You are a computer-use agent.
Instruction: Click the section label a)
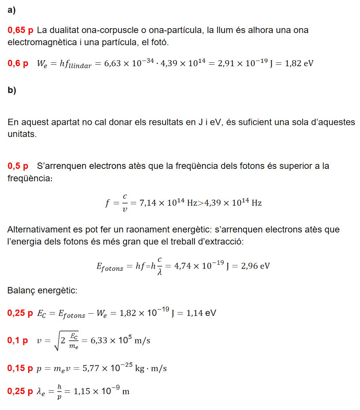[12, 11]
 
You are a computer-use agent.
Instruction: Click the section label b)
[12, 91]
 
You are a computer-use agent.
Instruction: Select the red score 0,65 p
[20, 30]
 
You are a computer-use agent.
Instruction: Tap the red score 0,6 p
[18, 63]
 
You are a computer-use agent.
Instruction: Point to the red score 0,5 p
[18, 166]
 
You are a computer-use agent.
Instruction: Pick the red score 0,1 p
[18, 341]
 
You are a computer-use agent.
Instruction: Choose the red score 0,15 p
[20, 368]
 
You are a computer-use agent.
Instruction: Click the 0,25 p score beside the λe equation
[20, 392]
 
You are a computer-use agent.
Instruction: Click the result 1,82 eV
[299, 63]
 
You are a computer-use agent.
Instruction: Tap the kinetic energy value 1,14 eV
[202, 313]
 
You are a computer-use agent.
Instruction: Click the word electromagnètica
[42, 42]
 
